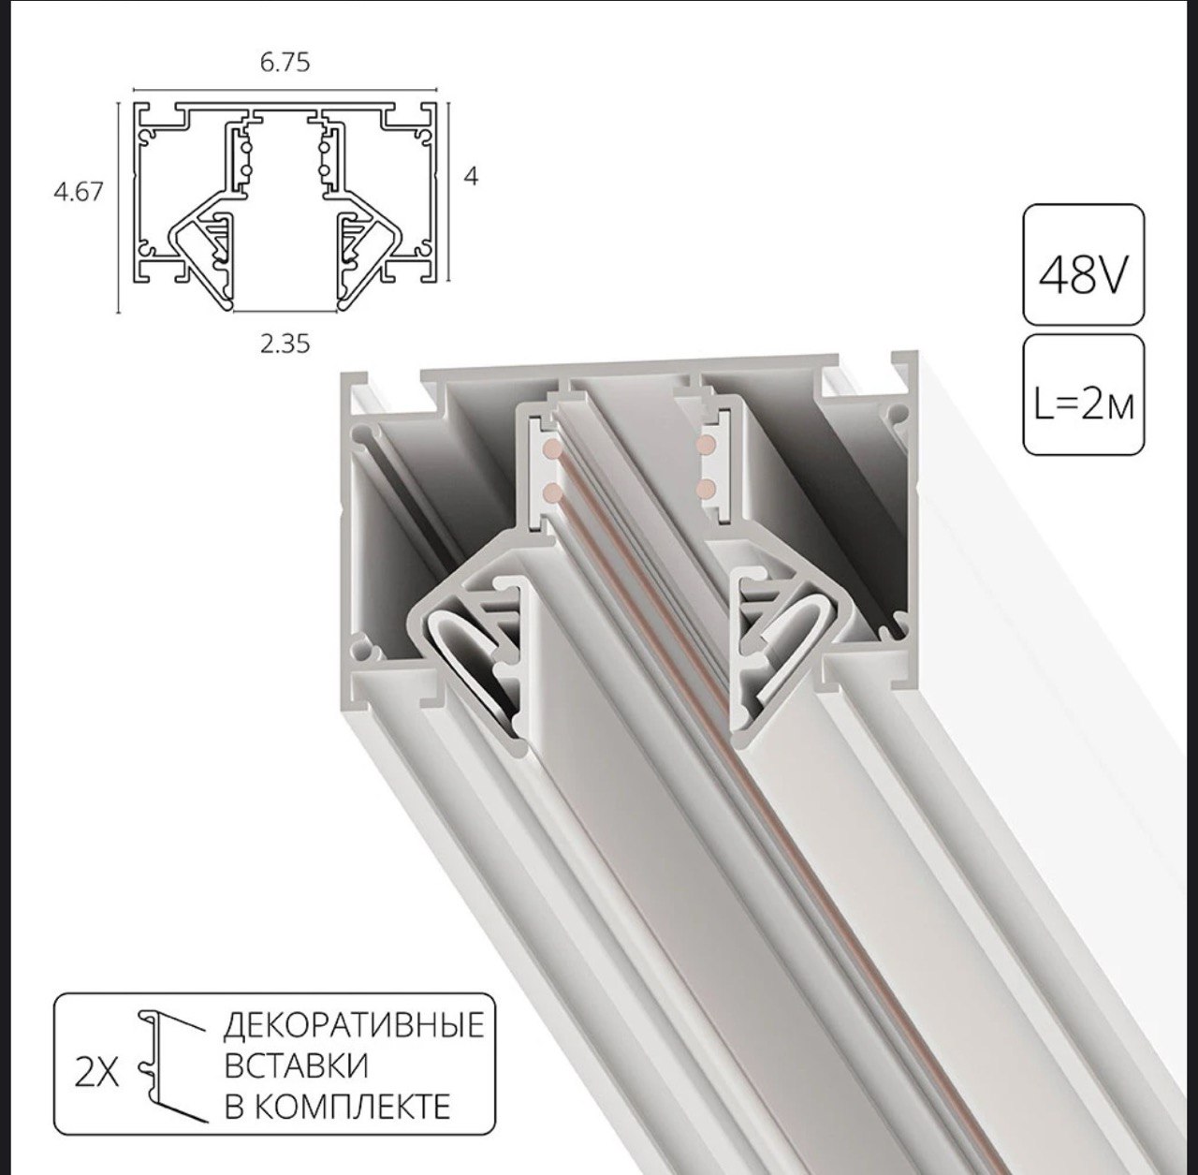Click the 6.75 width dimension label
(x=285, y=63)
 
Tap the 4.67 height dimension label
(x=79, y=192)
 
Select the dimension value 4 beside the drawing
(x=471, y=177)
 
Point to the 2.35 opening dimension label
(x=285, y=344)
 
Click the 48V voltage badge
(x=1083, y=264)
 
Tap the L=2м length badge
(x=1083, y=396)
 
